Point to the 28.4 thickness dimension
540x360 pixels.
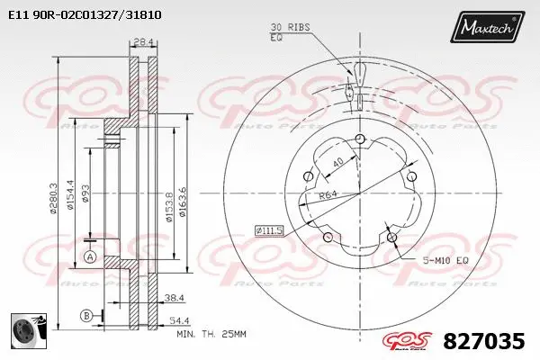point(141,41)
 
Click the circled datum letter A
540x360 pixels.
point(89,258)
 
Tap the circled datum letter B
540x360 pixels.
point(85,314)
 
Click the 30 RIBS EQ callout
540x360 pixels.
point(290,32)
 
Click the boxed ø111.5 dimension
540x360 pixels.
point(269,231)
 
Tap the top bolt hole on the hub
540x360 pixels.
point(360,138)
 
